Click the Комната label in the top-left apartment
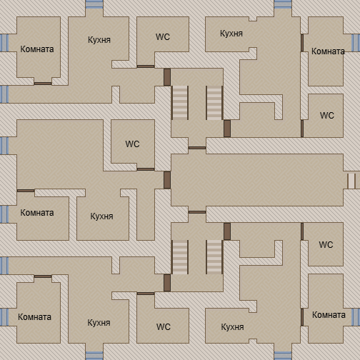click(37, 49)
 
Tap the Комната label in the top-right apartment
click(328, 51)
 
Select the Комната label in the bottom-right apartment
click(329, 315)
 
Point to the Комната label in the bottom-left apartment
click(34, 317)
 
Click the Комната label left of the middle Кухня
click(37, 213)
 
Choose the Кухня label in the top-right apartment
click(231, 34)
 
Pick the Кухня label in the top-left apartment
click(99, 40)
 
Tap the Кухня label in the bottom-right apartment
click(232, 327)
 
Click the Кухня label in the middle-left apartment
click(101, 216)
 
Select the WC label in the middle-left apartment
click(132, 144)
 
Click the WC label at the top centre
click(163, 36)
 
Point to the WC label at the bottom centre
click(164, 326)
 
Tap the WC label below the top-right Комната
click(327, 116)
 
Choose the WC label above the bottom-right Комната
click(326, 245)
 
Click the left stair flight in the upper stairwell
click(180, 103)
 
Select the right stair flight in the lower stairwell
click(214, 257)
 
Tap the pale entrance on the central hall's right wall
click(351, 181)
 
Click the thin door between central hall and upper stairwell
click(197, 148)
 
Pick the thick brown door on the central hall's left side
click(167, 180)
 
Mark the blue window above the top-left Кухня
click(94, 4)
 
